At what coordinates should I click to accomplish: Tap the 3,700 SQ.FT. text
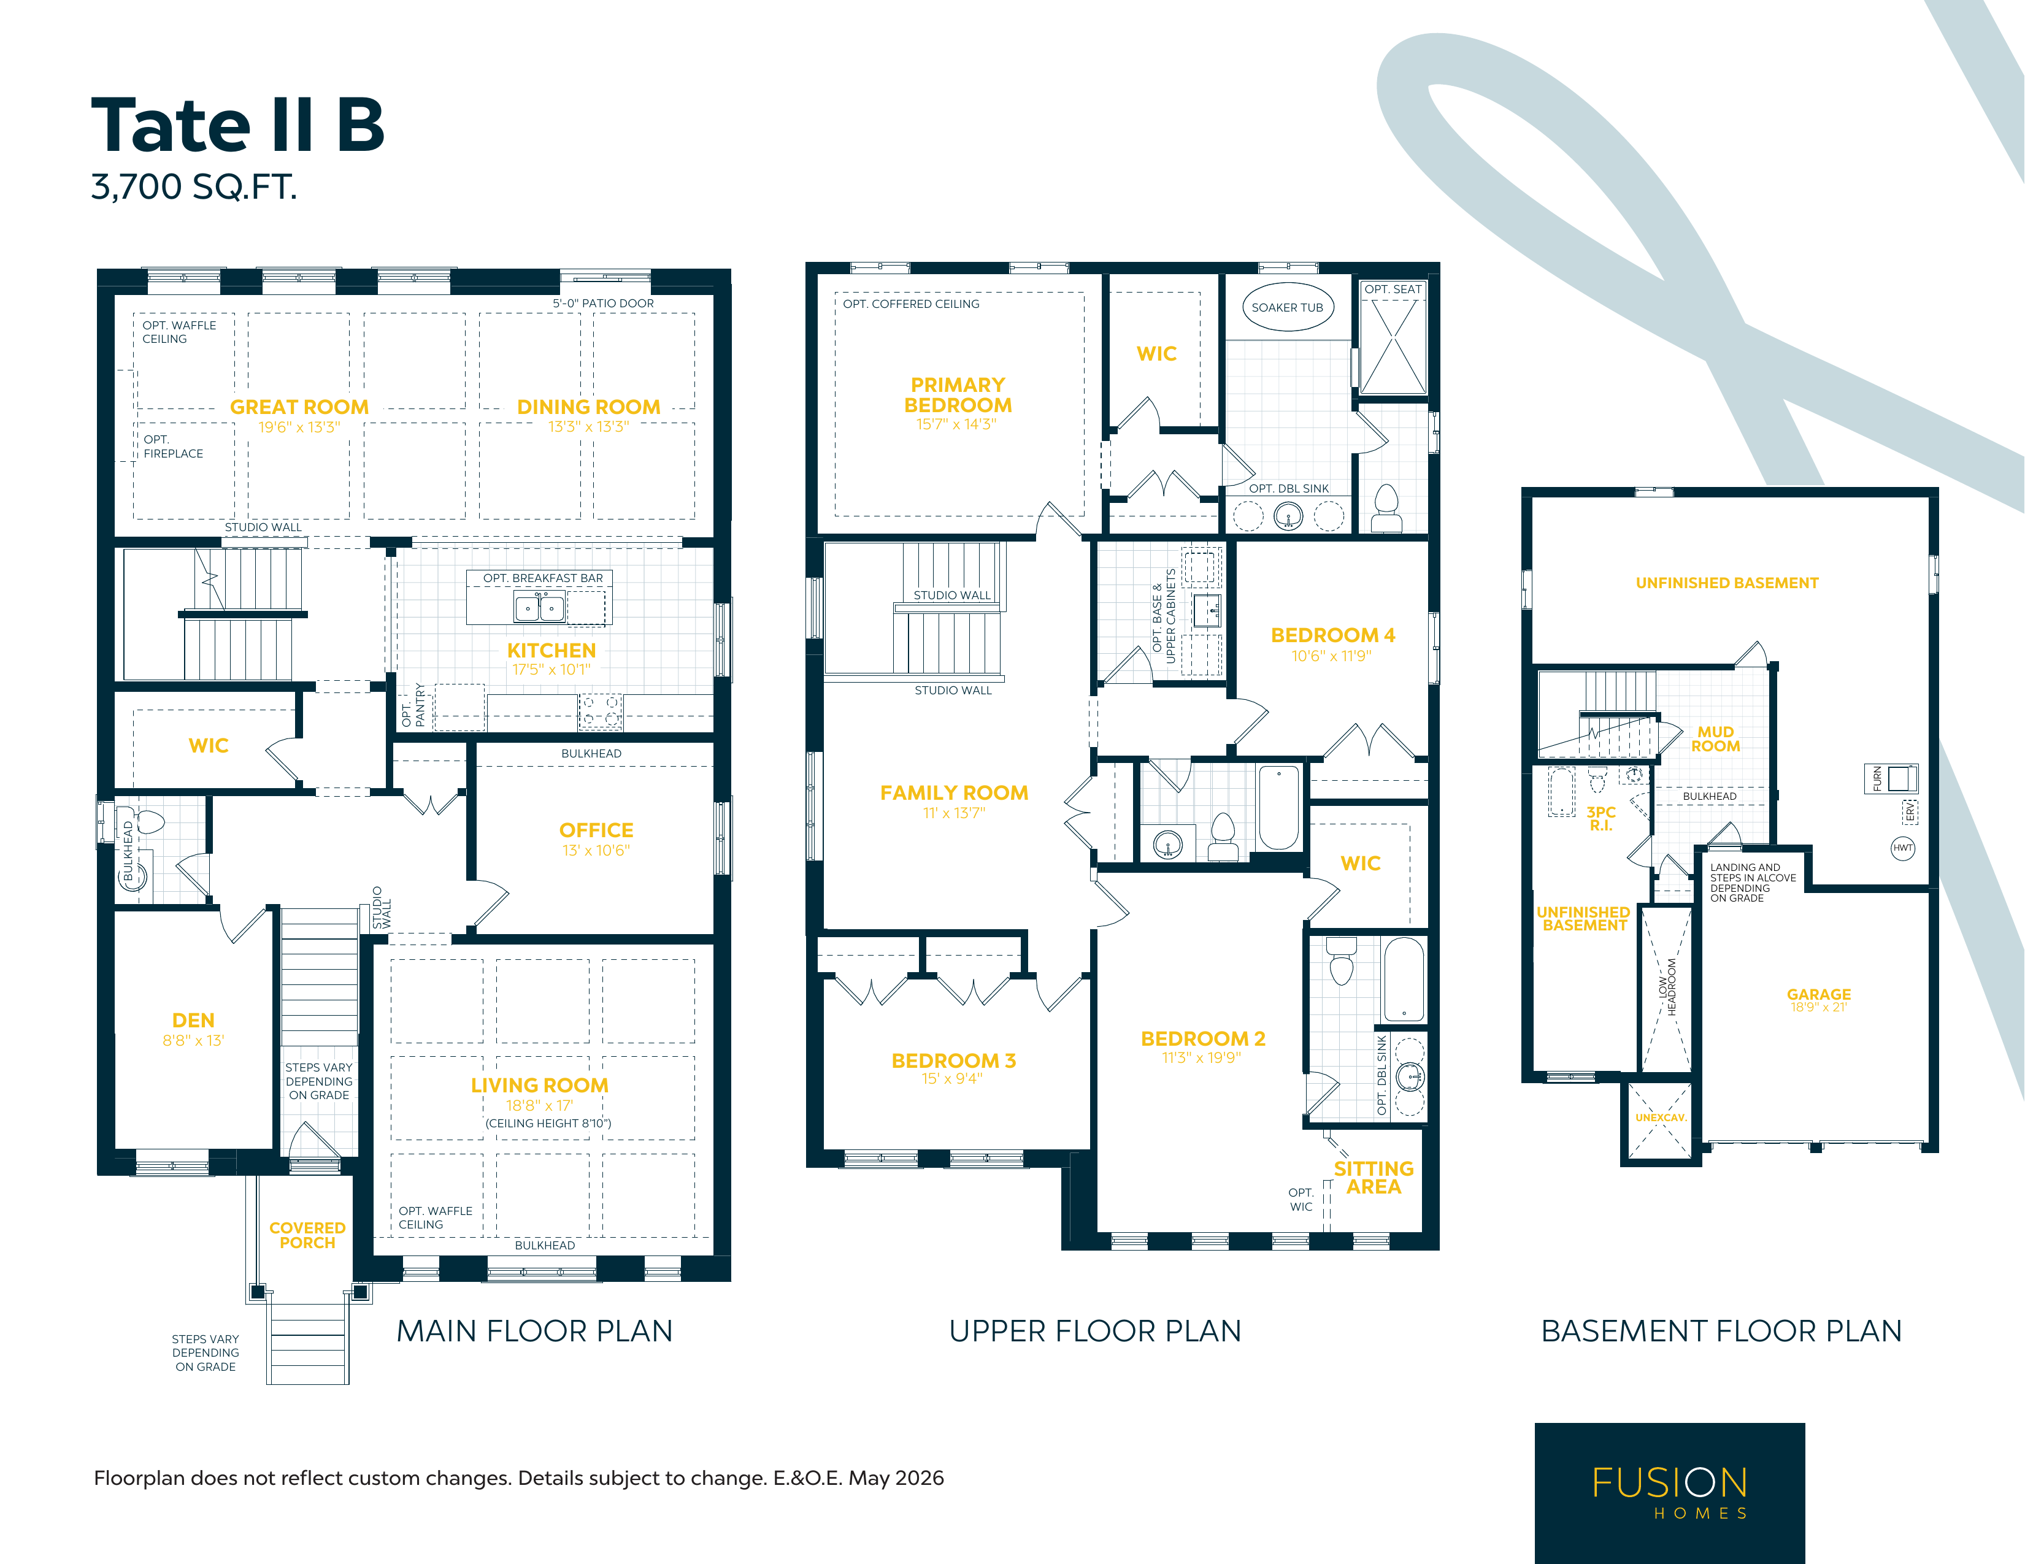pos(194,186)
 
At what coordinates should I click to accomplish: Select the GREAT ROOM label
pos(299,407)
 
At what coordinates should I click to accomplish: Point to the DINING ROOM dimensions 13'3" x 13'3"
pos(589,426)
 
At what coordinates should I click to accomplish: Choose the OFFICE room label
pos(596,830)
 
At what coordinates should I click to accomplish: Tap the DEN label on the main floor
pos(193,1020)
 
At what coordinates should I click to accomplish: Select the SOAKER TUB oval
pos(1288,307)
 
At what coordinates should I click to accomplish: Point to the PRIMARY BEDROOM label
pos(958,395)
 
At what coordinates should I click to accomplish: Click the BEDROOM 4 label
pos(1332,635)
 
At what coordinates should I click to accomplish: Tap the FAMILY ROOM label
pos(954,792)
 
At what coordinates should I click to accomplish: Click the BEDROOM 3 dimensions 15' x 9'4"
pos(951,1078)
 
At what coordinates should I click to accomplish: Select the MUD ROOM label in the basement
pos(1715,739)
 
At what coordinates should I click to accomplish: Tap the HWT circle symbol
pos(1902,848)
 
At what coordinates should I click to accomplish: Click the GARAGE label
pos(1818,994)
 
